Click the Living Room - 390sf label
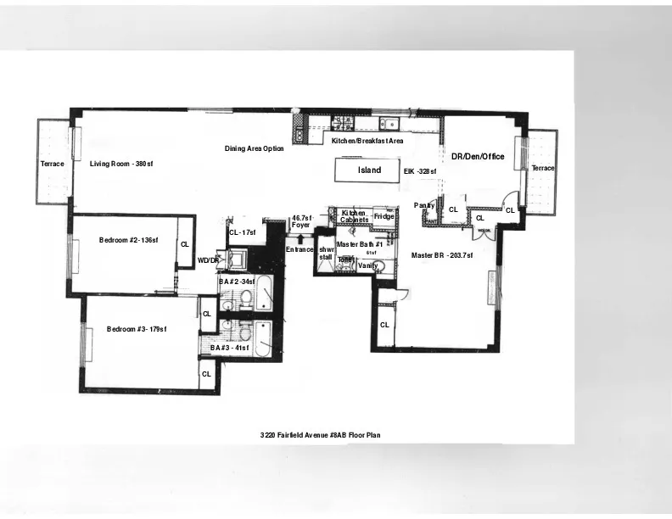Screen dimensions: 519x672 pyautogui.click(x=121, y=164)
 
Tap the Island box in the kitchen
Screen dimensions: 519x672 pyautogui.click(x=369, y=170)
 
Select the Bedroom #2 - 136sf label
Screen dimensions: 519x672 pyautogui.click(x=128, y=241)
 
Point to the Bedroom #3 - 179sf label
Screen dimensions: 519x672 pyautogui.click(x=137, y=329)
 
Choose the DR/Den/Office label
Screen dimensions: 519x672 pyautogui.click(x=478, y=157)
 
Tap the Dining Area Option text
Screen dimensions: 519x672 pyautogui.click(x=254, y=148)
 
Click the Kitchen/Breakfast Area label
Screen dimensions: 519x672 pyautogui.click(x=367, y=140)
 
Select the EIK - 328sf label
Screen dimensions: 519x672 pyautogui.click(x=419, y=171)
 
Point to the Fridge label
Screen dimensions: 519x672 pyautogui.click(x=384, y=216)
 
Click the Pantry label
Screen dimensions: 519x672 pyautogui.click(x=424, y=205)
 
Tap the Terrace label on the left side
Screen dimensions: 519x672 pyautogui.click(x=52, y=164)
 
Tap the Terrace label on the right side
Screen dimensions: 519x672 pyautogui.click(x=543, y=169)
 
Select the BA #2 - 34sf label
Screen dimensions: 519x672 pyautogui.click(x=237, y=281)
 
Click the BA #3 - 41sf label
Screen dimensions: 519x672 pyautogui.click(x=230, y=348)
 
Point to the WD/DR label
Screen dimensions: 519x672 pyautogui.click(x=208, y=260)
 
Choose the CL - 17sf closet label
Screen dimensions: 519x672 pyautogui.click(x=243, y=232)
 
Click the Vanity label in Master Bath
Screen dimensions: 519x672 pyautogui.click(x=367, y=265)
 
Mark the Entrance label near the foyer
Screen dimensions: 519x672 pyautogui.click(x=300, y=249)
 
